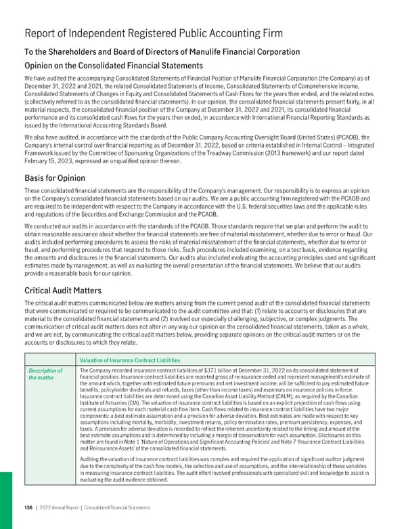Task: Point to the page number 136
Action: pos(28,517)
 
